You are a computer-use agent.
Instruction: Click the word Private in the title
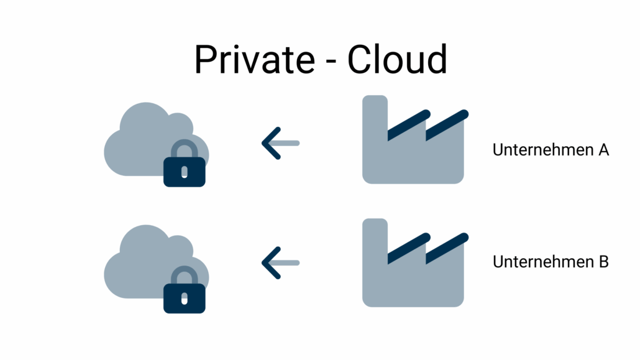pyautogui.click(x=254, y=60)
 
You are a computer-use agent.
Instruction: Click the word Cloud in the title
pyautogui.click(x=396, y=60)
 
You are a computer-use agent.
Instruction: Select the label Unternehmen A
pyautogui.click(x=550, y=150)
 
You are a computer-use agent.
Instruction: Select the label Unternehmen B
pyautogui.click(x=550, y=262)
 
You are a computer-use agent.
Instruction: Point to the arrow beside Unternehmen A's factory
pyautogui.click(x=280, y=143)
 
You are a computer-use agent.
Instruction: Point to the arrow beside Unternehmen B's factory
pyautogui.click(x=280, y=262)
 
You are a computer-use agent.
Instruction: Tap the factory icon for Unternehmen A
pyautogui.click(x=413, y=155)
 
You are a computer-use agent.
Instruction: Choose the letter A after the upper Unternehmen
pyautogui.click(x=603, y=150)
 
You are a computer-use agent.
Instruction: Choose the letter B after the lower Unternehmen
pyautogui.click(x=603, y=262)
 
